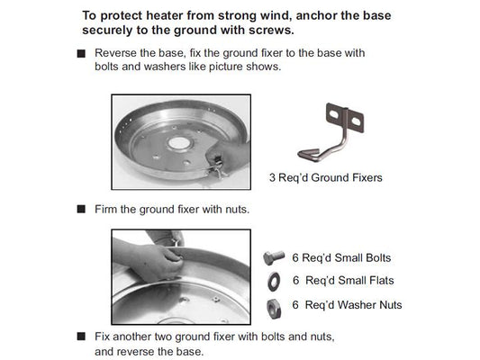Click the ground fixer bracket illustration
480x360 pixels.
click(333, 135)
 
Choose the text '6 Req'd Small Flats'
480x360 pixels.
click(341, 281)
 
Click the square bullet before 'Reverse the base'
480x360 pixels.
click(81, 54)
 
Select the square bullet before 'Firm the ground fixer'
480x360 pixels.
click(81, 210)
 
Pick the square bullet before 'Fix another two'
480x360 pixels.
click(81, 337)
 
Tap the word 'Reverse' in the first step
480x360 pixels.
click(114, 53)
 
